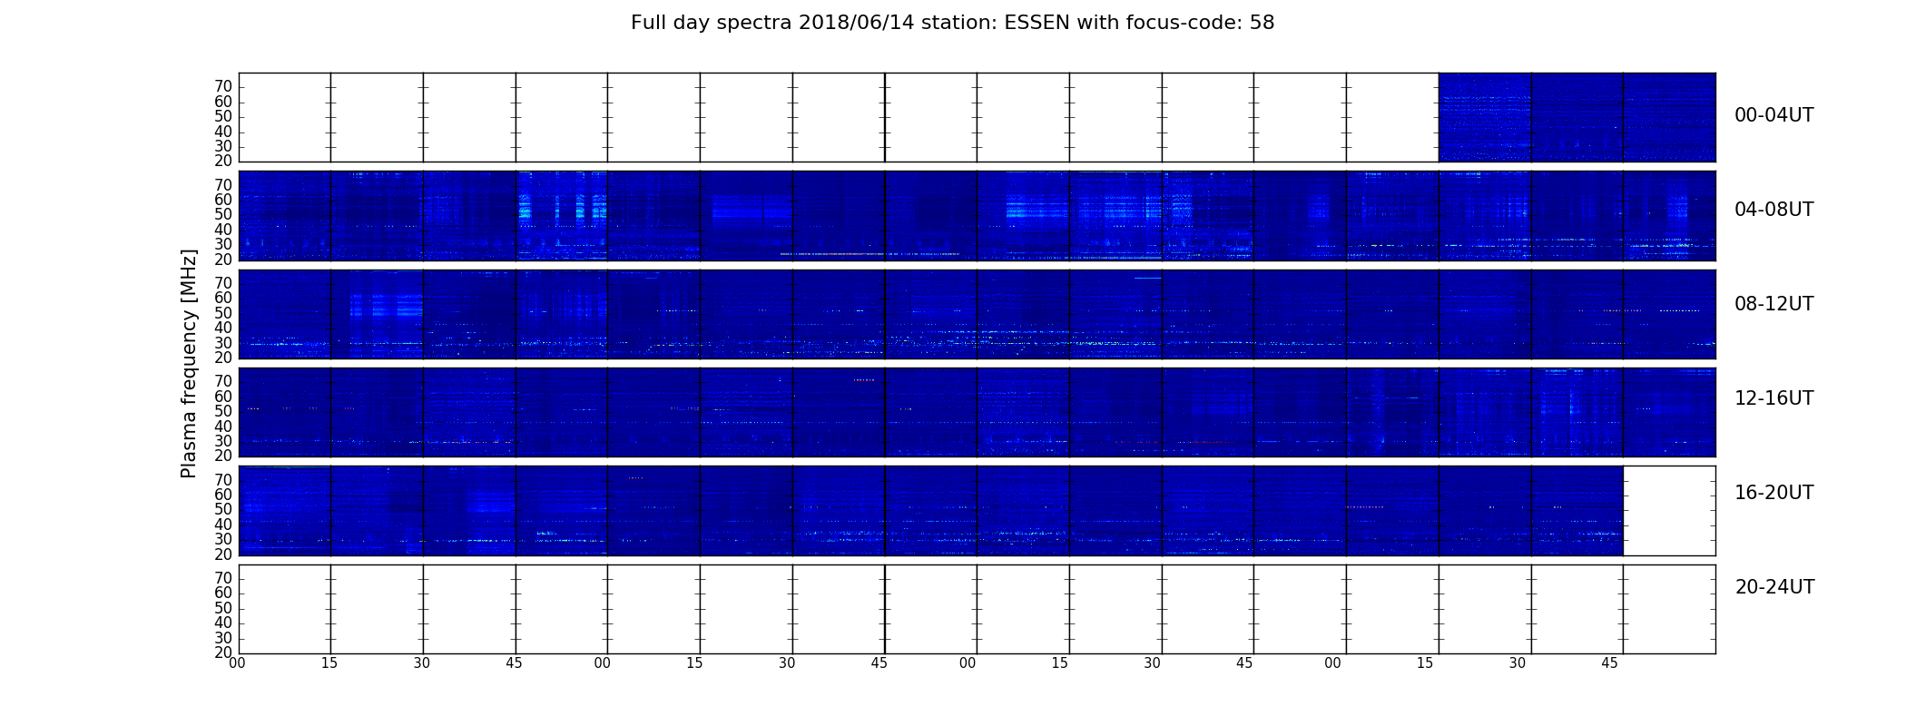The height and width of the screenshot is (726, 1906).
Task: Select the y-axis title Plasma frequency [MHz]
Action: click(189, 364)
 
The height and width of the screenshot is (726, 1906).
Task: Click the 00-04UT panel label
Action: click(1774, 115)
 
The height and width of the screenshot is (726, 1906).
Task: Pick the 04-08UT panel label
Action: click(1774, 210)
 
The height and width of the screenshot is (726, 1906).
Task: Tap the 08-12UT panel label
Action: click(1774, 304)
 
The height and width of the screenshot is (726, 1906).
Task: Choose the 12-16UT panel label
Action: click(1774, 398)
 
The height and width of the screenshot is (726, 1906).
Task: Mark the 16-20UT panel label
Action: click(1774, 493)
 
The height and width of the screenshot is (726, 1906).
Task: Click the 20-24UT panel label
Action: click(1774, 587)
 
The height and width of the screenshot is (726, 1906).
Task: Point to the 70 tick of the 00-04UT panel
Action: click(223, 86)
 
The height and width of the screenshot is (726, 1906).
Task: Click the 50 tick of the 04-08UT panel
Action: click(223, 215)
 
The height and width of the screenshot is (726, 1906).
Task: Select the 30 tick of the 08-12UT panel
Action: click(223, 343)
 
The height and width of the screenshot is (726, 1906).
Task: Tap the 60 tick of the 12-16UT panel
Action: click(223, 397)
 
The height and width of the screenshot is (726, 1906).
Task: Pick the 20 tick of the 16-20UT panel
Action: click(223, 554)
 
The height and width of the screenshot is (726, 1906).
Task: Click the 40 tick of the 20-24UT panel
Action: click(223, 623)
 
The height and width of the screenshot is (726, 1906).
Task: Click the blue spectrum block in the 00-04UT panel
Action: click(1577, 117)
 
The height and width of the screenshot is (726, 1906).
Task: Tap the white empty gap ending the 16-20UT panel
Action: click(1669, 511)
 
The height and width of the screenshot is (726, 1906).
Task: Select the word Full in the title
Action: click(646, 23)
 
